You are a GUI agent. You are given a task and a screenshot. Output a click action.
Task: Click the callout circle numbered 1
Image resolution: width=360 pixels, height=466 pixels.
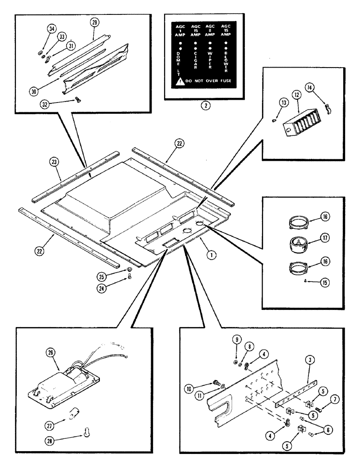212,255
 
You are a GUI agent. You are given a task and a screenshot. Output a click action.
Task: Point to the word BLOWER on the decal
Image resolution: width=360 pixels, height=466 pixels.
226,62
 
